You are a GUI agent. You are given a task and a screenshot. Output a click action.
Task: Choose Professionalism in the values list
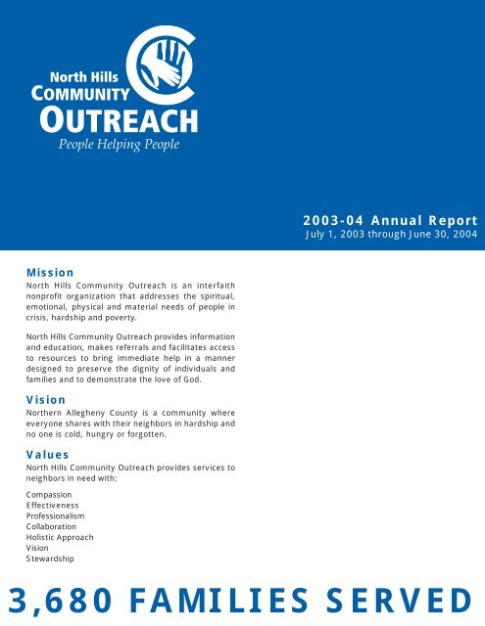tap(58, 516)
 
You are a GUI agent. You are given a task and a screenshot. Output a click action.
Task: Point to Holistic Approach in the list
tap(60, 538)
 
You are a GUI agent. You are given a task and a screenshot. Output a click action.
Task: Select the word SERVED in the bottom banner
tap(401, 599)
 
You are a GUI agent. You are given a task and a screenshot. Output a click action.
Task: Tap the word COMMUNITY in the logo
tap(81, 95)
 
